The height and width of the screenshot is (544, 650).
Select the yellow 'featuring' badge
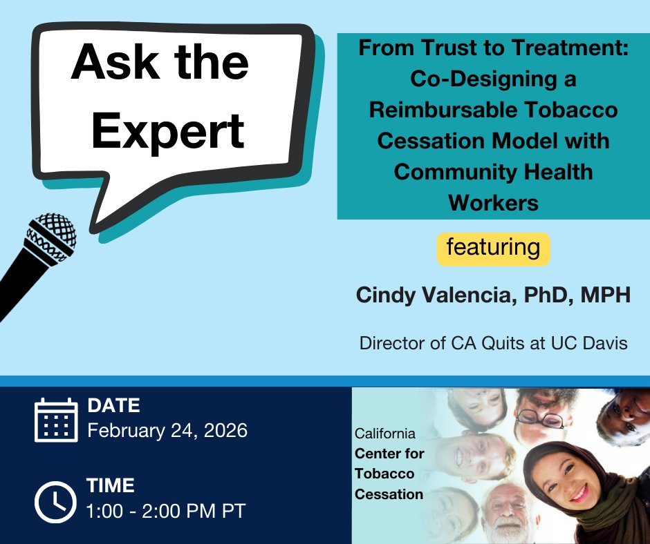pyautogui.click(x=493, y=249)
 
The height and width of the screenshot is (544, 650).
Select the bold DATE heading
pyautogui.click(x=114, y=405)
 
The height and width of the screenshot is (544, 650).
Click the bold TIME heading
pyautogui.click(x=111, y=486)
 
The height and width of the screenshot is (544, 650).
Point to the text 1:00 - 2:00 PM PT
pyautogui.click(x=166, y=512)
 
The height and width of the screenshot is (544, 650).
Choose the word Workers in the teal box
pyautogui.click(x=493, y=202)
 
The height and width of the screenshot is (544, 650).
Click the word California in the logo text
pyautogui.click(x=385, y=434)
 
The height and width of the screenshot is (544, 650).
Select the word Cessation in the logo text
pyautogui.click(x=389, y=494)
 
